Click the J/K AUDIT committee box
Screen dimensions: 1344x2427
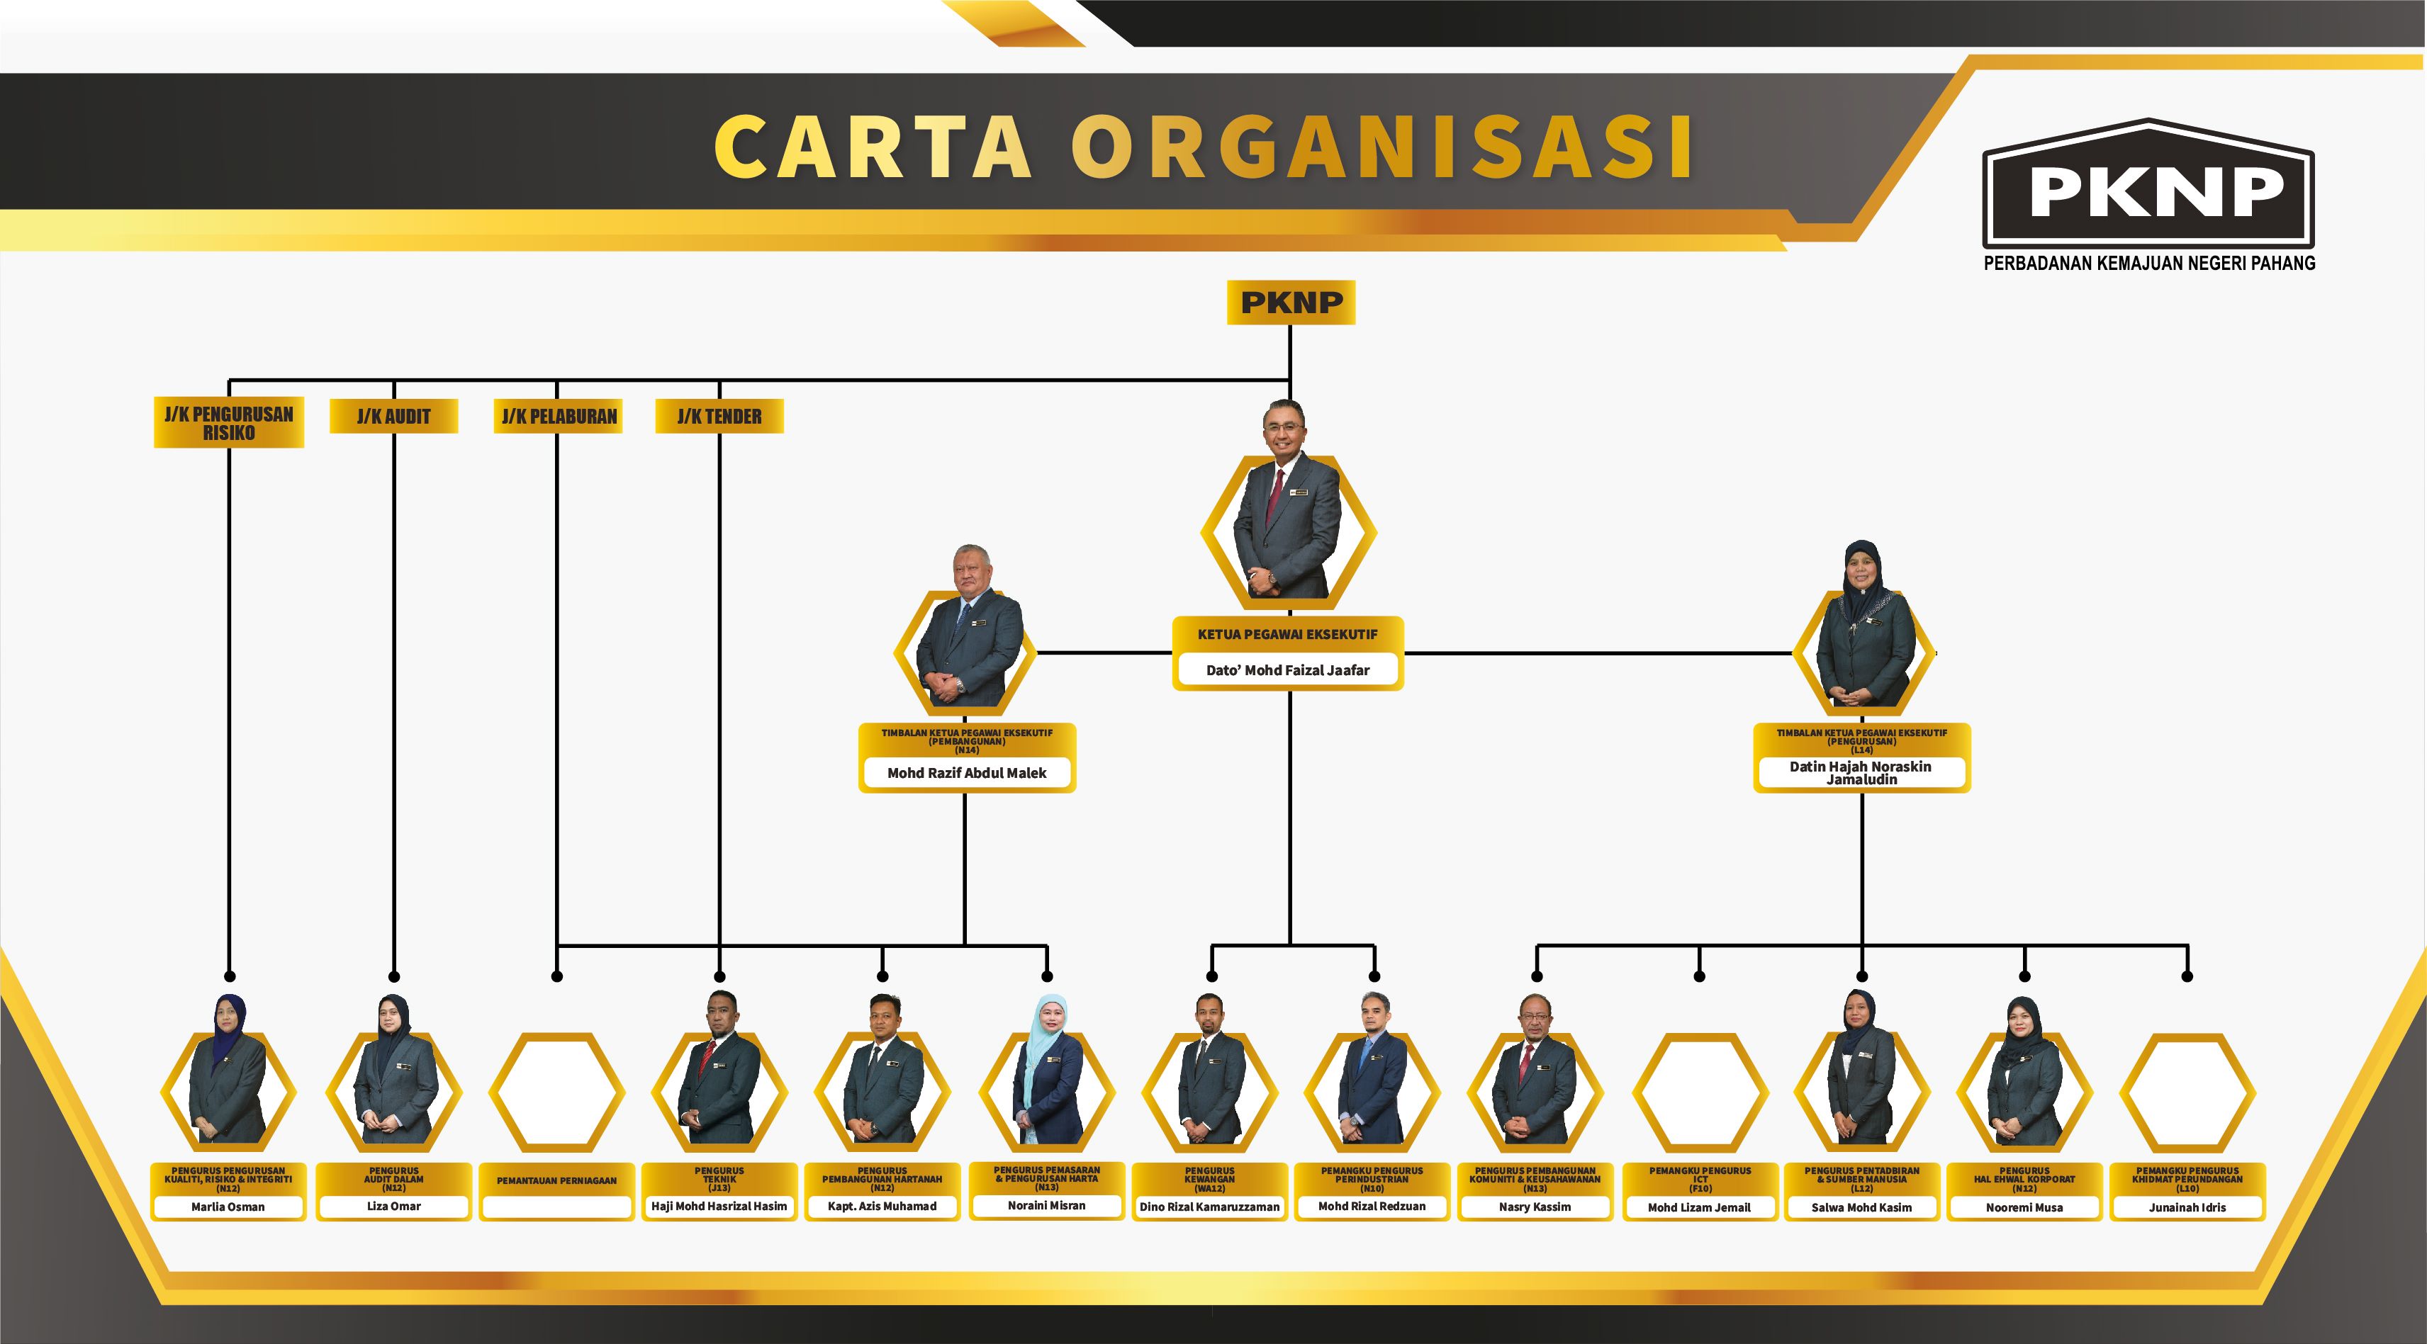pos(394,417)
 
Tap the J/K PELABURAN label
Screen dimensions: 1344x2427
pos(559,417)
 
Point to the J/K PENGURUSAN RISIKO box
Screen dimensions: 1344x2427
pos(229,423)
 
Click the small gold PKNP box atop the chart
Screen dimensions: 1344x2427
pos(1291,303)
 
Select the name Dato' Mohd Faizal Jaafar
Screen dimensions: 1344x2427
pos(1288,671)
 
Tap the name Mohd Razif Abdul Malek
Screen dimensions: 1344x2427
pos(967,773)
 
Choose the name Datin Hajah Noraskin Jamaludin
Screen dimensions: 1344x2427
pos(1861,773)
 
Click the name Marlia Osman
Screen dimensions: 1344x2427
pos(228,1207)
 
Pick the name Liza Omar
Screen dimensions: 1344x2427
pos(394,1206)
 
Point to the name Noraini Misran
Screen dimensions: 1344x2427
pos(1047,1206)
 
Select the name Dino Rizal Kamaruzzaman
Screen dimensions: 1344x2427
pos(1210,1207)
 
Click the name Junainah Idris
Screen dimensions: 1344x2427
pos(2187,1207)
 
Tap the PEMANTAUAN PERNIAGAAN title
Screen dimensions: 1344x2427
pos(557,1180)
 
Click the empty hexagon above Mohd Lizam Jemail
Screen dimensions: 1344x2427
pos(1700,1092)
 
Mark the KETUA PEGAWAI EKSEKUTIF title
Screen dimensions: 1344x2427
pos(1288,635)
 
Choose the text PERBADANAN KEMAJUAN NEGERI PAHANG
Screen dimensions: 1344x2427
pos(2149,264)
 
